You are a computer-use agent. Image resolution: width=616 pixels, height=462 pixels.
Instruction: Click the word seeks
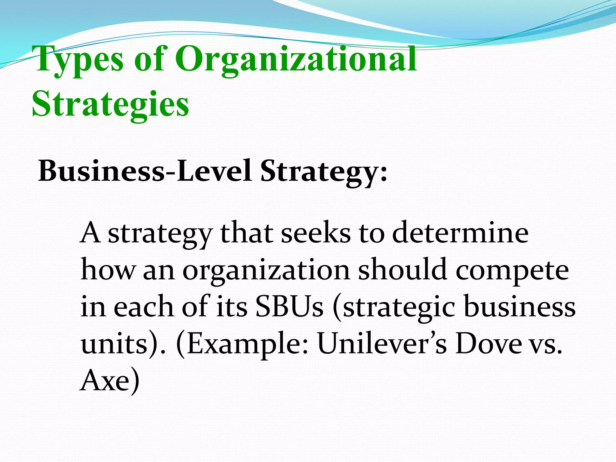(316, 233)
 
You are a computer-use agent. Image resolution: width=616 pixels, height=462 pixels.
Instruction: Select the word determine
(460, 233)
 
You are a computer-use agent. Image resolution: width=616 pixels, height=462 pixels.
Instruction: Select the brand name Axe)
(110, 381)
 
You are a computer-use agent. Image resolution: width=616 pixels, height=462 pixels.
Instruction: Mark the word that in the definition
(246, 233)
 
